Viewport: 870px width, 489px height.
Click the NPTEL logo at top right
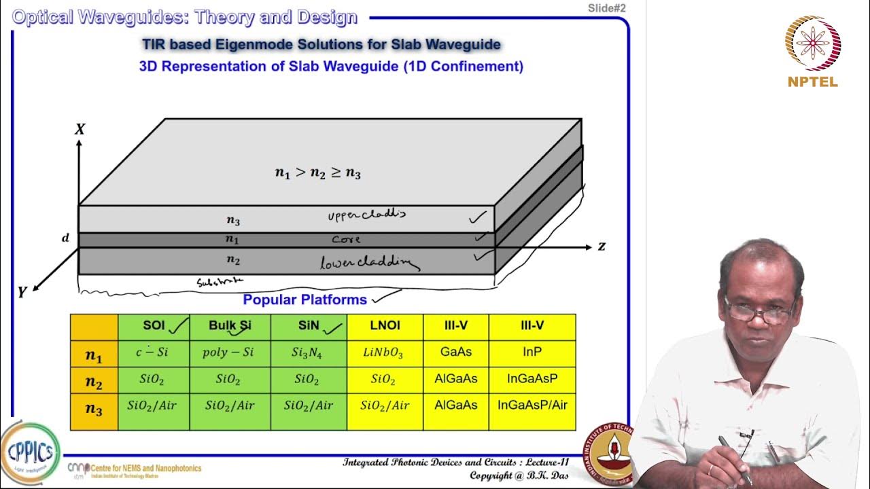pos(813,51)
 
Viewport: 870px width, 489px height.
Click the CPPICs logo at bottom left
pos(30,452)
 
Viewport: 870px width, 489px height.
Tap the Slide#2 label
pos(606,8)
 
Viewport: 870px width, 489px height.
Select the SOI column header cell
pos(154,326)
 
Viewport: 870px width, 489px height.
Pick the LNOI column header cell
pos(385,326)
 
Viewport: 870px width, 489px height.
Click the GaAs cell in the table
pos(455,352)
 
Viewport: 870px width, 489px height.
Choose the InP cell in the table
pos(532,352)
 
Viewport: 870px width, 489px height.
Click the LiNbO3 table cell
pos(385,353)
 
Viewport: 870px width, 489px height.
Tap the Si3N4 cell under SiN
pos(309,353)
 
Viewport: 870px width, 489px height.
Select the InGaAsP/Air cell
pos(532,405)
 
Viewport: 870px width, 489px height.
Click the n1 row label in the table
pos(94,355)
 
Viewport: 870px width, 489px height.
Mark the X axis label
pos(80,129)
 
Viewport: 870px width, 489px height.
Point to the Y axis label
pos(22,292)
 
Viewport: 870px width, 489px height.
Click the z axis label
pos(602,247)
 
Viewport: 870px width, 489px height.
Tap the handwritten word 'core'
pos(346,240)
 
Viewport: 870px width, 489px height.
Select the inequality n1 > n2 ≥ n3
pos(317,173)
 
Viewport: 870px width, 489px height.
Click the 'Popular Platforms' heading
pos(304,300)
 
